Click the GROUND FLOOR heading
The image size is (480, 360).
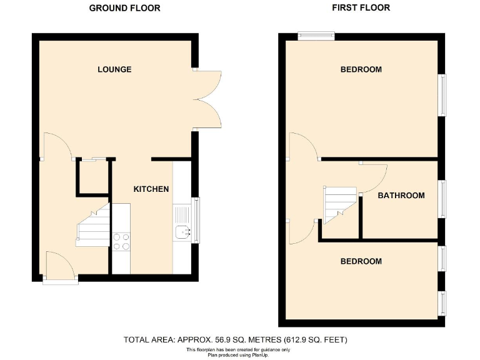coord(124,8)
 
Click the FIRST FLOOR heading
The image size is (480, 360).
coord(362,8)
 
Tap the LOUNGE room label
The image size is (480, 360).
coord(114,69)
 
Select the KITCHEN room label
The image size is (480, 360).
coord(151,189)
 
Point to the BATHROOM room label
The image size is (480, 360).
coord(401,196)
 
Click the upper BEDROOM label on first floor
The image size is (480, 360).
coord(361,69)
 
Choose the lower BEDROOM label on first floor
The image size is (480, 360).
coord(361,261)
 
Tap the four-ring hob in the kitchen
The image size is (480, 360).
coord(121,241)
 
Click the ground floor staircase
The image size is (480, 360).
coord(94,226)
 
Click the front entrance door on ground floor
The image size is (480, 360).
coord(60,266)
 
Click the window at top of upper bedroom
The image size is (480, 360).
coord(316,36)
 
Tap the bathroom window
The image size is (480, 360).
coord(443,199)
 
